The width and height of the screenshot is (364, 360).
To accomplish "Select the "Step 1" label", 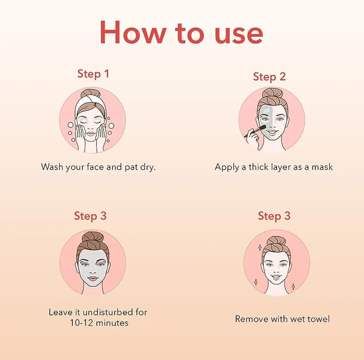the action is point(93,74).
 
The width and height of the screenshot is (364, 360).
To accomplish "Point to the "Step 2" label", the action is point(269,76).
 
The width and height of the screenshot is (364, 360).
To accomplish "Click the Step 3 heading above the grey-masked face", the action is point(90,216).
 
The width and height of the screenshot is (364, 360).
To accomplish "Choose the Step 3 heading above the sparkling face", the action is point(274,216).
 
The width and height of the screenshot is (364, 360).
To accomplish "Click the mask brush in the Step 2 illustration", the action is point(255,131).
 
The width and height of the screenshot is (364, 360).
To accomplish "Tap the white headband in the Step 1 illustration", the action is point(90,104).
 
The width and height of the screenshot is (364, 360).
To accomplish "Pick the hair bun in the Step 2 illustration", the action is point(272,93).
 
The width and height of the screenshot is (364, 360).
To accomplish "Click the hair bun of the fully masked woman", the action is point(93,238).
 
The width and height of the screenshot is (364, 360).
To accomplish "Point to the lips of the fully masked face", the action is point(93,278).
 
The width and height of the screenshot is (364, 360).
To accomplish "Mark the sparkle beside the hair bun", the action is point(260,248).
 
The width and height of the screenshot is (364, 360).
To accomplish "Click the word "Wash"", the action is point(52,167).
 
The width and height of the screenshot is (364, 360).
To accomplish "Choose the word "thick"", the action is point(258,167).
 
